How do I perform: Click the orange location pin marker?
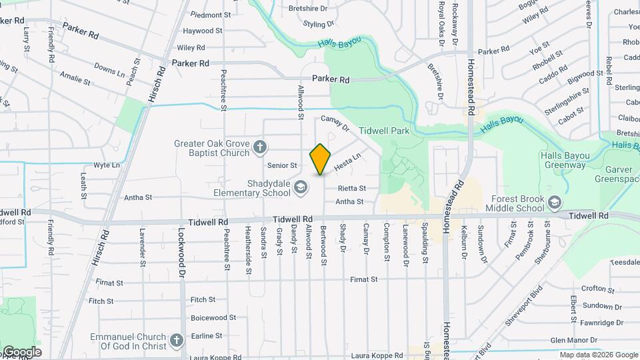[320, 159]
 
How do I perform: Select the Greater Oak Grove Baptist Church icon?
[260, 147]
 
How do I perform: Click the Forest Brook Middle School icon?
[554, 203]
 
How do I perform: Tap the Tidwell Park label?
[384, 131]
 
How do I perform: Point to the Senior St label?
[281, 165]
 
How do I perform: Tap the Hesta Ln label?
[347, 161]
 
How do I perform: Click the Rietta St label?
[351, 189]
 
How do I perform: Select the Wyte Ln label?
[107, 165]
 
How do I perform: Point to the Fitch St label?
[203, 300]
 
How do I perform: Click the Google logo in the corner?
[21, 352]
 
